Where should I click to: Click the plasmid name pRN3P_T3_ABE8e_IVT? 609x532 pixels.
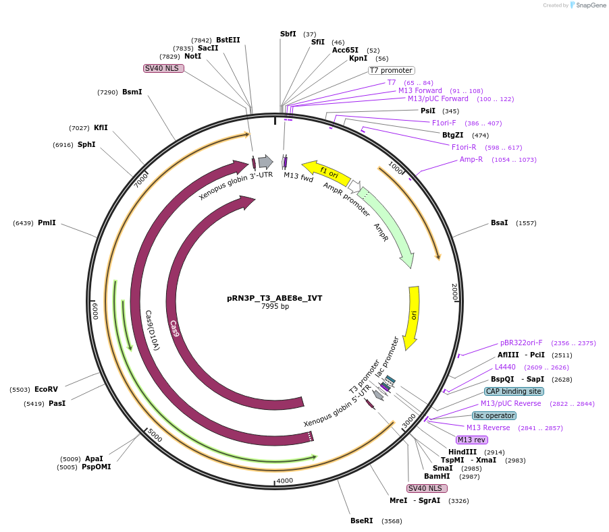(275, 297)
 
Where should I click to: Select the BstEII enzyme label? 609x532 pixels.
(228, 40)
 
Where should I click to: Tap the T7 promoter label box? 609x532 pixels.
(391, 70)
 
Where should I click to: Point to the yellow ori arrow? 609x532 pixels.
(413, 317)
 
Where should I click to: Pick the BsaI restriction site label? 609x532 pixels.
(500, 223)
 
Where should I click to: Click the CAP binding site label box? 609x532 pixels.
(513, 391)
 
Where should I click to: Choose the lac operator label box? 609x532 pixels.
(494, 415)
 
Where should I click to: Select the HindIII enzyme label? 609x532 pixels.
(462, 452)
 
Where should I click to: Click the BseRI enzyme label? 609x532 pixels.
(361, 521)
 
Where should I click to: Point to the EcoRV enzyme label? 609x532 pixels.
(46, 389)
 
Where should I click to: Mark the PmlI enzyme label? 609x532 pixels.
(47, 223)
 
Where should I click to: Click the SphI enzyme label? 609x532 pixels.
(86, 144)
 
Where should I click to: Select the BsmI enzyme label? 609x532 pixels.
(132, 92)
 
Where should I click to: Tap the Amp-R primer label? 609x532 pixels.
(471, 159)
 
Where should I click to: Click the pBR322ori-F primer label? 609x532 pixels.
(521, 343)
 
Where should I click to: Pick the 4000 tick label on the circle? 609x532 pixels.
(284, 481)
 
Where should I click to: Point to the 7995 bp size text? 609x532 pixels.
(275, 307)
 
